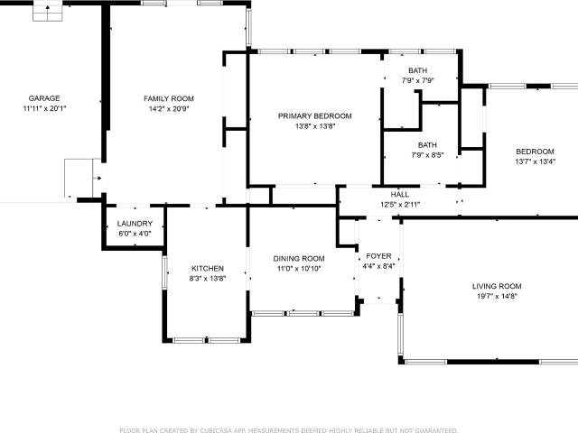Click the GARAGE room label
point(44,98)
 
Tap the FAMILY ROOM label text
point(169,98)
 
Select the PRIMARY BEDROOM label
point(315,116)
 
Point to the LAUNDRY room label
point(135,224)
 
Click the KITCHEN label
point(208,269)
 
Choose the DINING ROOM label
point(299,259)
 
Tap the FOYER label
point(378,256)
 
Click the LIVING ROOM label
point(497,286)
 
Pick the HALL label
point(400,195)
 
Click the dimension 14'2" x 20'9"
point(169,108)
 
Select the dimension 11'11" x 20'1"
point(44,108)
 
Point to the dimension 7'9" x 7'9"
point(417,80)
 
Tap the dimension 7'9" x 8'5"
point(427,155)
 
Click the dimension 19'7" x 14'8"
point(497,296)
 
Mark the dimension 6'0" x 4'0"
point(135,234)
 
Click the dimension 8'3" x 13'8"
point(208,279)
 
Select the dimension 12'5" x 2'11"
point(400,205)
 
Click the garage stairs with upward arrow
point(48,11)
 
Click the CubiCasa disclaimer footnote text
point(289,430)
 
